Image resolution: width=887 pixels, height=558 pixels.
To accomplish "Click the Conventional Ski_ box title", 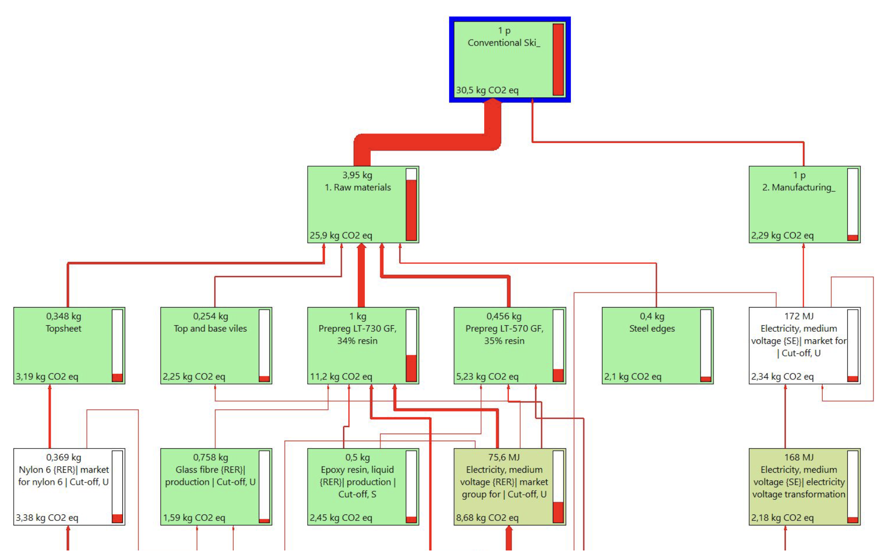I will [504, 43].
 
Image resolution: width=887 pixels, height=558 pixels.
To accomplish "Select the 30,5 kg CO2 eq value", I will [487, 90].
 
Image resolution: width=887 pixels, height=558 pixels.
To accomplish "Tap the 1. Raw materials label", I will [357, 187].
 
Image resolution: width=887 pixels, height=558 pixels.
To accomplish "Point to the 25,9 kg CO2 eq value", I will [341, 235].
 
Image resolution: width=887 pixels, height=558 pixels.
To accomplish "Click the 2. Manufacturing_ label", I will [799, 187].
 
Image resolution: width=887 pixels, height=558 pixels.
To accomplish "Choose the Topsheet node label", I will [63, 328].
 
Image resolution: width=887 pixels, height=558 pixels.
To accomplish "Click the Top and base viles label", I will [210, 328].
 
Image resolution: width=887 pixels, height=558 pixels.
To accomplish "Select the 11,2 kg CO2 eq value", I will [341, 376].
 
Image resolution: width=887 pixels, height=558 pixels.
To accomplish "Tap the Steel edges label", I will [652, 328].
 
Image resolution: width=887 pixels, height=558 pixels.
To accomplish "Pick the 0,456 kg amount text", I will [504, 316].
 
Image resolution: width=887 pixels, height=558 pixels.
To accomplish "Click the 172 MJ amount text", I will [799, 316].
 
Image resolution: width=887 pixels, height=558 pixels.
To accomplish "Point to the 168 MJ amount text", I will [799, 457].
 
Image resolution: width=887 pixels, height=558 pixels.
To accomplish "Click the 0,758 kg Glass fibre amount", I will [210, 457].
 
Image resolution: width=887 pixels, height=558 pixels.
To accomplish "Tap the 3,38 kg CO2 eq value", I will [47, 517].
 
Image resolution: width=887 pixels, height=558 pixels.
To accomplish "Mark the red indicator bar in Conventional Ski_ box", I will [558, 59].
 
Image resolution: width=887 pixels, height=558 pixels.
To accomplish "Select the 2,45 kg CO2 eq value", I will [341, 517].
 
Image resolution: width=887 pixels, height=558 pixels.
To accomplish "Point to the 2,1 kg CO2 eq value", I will [632, 376].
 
